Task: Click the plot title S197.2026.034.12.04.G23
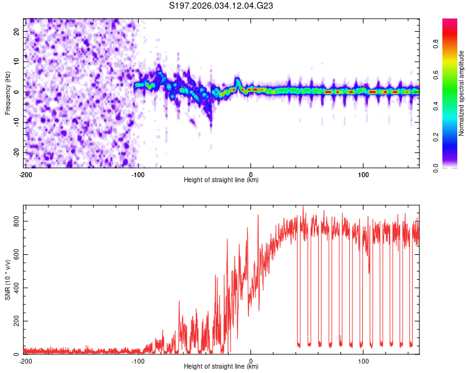click(222, 6)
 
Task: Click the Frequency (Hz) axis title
click(7, 93)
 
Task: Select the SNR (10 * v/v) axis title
click(7, 279)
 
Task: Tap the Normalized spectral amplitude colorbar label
click(462, 93)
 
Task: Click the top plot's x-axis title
click(221, 180)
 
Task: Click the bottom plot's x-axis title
click(221, 367)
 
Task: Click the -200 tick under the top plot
click(25, 173)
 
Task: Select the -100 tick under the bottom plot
click(138, 361)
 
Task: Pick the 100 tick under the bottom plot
click(363, 361)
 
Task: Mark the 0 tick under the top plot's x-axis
click(251, 173)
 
